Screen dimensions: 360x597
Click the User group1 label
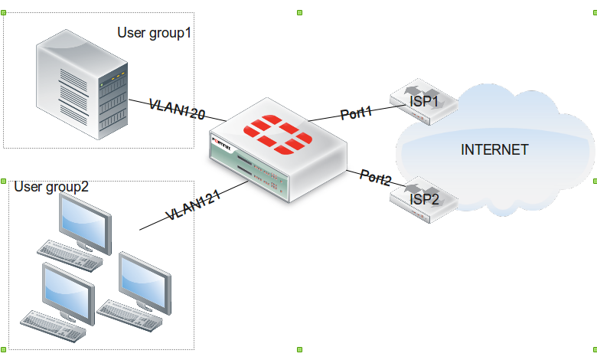(x=153, y=33)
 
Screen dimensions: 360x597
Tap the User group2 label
(x=51, y=186)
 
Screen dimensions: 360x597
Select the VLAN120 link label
(x=177, y=109)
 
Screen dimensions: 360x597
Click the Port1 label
(x=356, y=113)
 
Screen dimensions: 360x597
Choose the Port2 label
(x=376, y=178)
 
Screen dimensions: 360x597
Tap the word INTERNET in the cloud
(x=494, y=149)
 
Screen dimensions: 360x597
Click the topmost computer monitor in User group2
(x=86, y=221)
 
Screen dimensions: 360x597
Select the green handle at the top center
(x=299, y=12)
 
